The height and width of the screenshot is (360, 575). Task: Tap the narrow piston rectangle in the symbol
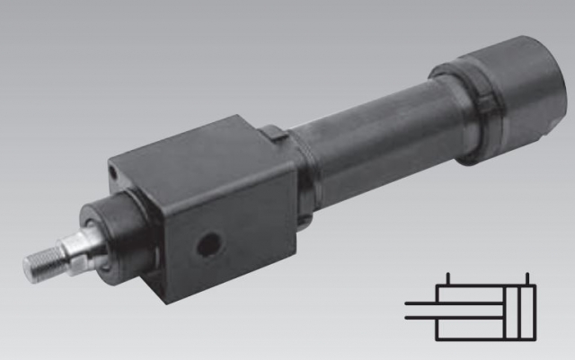coord(512,312)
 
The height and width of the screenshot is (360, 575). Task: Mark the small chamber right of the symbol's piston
coord(528,312)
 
